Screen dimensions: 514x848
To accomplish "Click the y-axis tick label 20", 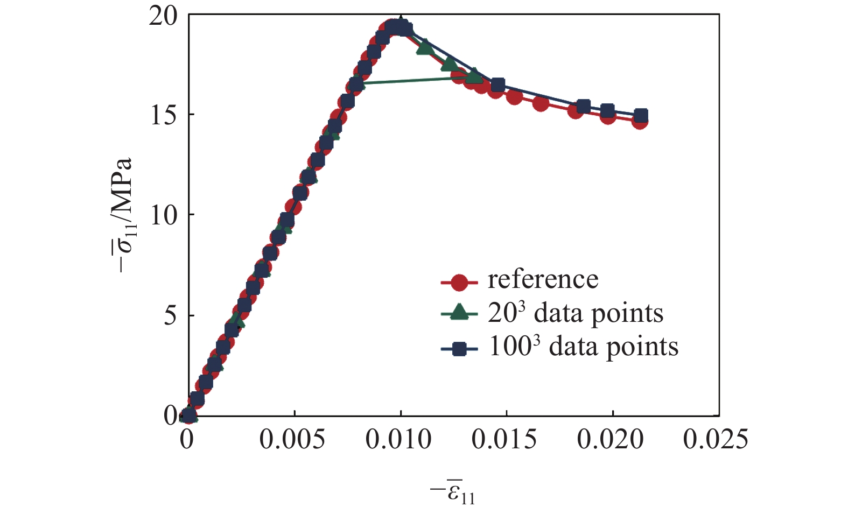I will [163, 17].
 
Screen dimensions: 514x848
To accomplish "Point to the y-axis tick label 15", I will [163, 115].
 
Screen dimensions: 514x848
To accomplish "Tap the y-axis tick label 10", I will [163, 215].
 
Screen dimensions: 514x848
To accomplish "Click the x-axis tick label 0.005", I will [292, 440].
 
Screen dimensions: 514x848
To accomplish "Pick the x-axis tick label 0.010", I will [398, 440].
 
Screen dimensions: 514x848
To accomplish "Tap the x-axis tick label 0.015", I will [504, 440].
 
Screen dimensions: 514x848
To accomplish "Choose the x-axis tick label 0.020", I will [611, 440].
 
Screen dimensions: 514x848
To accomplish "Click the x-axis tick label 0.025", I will [716, 440].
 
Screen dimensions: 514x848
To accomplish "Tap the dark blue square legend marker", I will [459, 349].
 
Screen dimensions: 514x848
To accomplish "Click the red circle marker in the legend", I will [459, 281].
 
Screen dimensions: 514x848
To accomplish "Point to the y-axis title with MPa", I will [124, 215].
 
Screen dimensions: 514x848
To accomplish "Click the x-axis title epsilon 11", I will [454, 491].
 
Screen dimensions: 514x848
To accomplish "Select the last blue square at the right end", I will [641, 115].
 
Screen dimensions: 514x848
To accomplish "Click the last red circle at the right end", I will [640, 122].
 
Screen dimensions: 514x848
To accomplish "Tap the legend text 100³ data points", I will [583, 347].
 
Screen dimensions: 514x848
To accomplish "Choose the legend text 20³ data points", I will [576, 313].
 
